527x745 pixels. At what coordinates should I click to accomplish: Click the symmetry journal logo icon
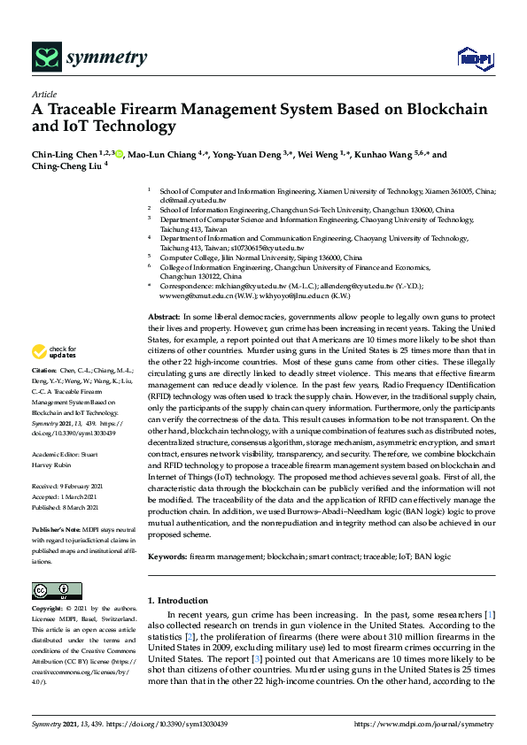pyautogui.click(x=44, y=58)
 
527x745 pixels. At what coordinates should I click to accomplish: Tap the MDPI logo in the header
pyautogui.click(x=473, y=59)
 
